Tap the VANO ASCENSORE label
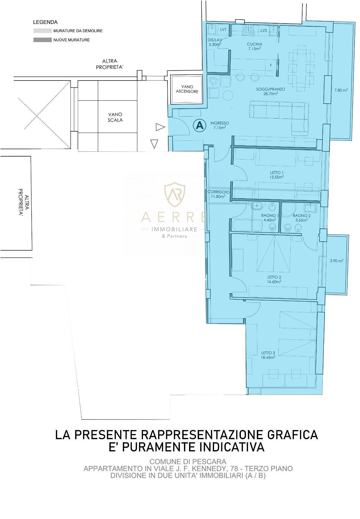pyautogui.click(x=187, y=89)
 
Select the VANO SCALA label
pyautogui.click(x=115, y=117)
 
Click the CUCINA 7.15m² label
pyautogui.click(x=254, y=46)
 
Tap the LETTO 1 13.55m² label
pyautogui.click(x=277, y=175)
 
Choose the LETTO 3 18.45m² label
pyautogui.click(x=268, y=355)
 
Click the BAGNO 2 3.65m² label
pyautogui.click(x=302, y=218)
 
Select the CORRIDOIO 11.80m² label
pyautogui.click(x=218, y=194)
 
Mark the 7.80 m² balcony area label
pyautogui.click(x=341, y=90)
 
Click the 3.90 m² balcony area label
pyautogui.click(x=337, y=261)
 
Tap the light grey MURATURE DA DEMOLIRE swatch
pyautogui.click(x=42, y=31)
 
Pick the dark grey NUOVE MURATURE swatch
pyautogui.click(x=42, y=40)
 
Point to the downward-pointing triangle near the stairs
pyautogui.click(x=154, y=144)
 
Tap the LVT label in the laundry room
pyautogui.click(x=223, y=30)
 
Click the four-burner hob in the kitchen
pyautogui.click(x=248, y=30)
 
